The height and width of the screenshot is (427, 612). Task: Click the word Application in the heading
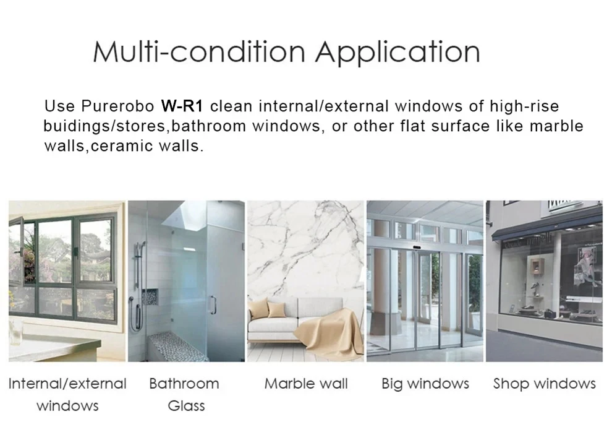pyautogui.click(x=397, y=53)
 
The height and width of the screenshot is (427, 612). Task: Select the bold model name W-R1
pyautogui.click(x=182, y=106)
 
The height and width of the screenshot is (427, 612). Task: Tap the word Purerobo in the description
pyautogui.click(x=118, y=106)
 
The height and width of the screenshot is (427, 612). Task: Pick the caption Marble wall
pyautogui.click(x=306, y=384)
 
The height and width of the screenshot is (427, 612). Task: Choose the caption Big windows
pyautogui.click(x=425, y=384)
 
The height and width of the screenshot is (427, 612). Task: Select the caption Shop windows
pyautogui.click(x=545, y=384)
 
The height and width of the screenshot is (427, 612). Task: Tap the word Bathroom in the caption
pyautogui.click(x=184, y=384)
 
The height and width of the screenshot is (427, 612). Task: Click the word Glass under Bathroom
pyautogui.click(x=186, y=406)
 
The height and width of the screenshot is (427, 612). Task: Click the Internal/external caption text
pyautogui.click(x=67, y=384)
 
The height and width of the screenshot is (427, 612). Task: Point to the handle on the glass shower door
pyautogui.click(x=213, y=304)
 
